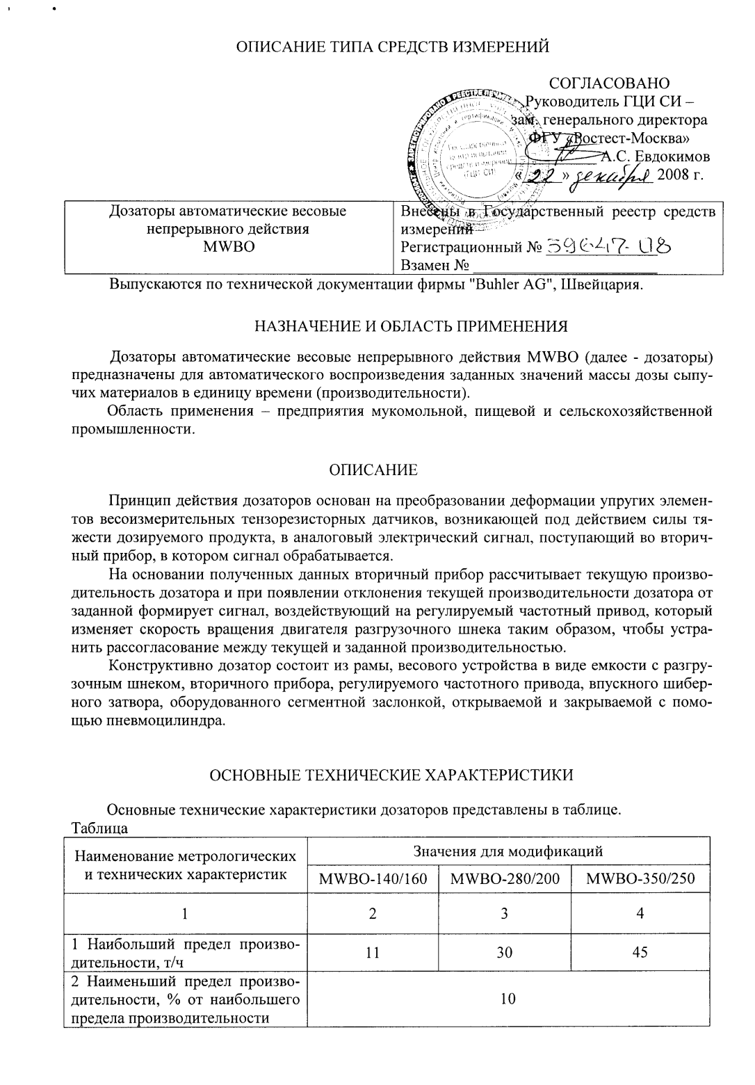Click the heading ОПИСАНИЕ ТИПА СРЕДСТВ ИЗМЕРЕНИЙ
pos(393,47)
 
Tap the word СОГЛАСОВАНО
pos(610,84)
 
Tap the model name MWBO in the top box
pos(229,247)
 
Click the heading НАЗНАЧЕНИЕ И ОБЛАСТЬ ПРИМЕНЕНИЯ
pos(411,325)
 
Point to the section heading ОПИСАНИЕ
pos(373,470)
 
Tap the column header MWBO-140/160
pos(373,878)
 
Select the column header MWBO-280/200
pos(505,878)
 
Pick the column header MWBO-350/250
pos(640,878)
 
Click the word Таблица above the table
pos(99,828)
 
